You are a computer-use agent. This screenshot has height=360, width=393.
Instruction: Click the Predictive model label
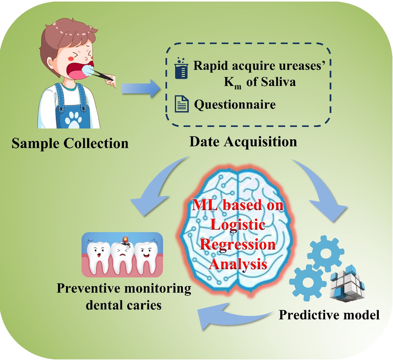click(329, 314)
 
